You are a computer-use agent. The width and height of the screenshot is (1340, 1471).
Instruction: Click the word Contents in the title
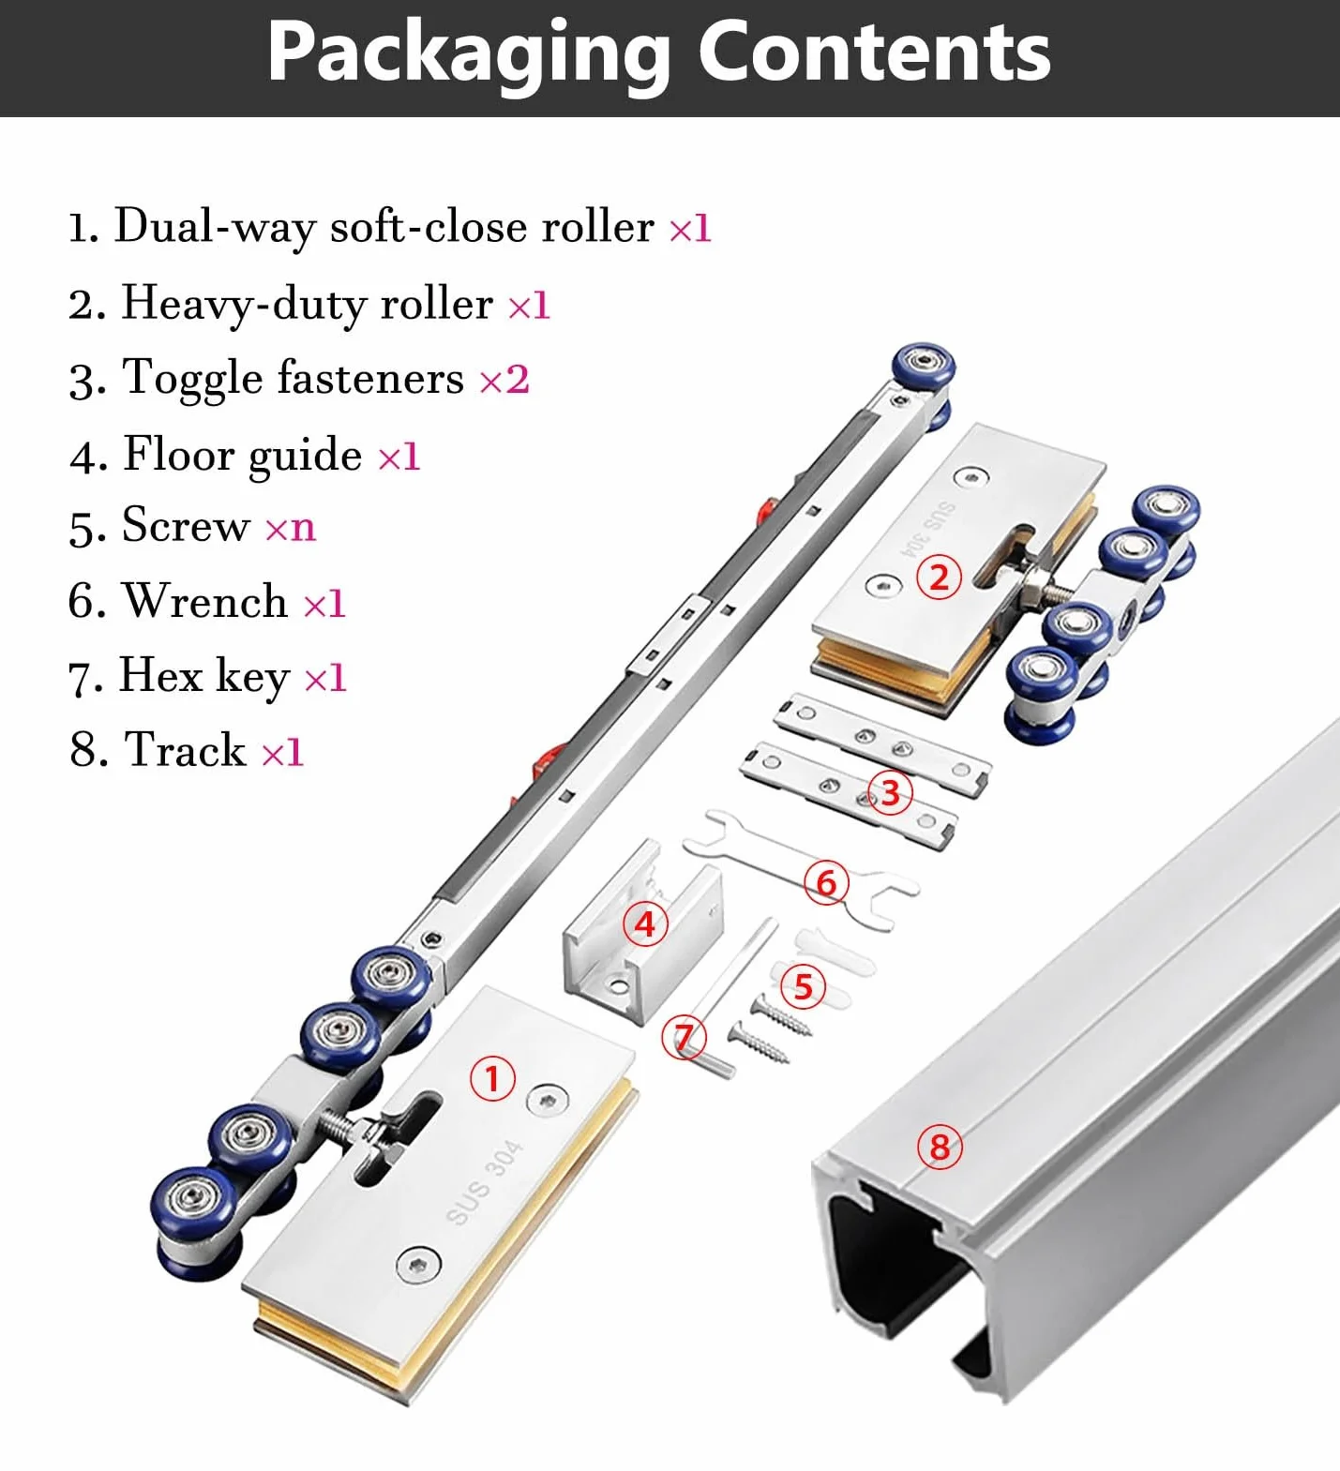click(x=874, y=52)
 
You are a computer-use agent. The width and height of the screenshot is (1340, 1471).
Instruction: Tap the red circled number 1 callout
click(x=492, y=1078)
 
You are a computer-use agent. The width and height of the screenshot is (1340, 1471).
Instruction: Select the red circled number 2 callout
click(x=939, y=578)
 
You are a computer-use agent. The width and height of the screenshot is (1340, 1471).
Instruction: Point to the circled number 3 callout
click(x=890, y=793)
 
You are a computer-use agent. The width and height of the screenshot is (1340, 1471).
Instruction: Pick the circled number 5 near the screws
click(x=804, y=986)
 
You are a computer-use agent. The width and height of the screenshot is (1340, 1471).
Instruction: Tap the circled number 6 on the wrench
click(x=826, y=882)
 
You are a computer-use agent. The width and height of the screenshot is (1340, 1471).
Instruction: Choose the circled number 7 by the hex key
click(x=685, y=1038)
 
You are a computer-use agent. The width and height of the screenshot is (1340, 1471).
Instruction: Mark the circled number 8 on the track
click(x=940, y=1146)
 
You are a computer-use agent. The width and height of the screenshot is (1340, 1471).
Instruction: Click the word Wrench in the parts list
click(x=206, y=601)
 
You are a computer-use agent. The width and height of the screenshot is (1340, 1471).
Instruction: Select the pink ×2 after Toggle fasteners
click(x=504, y=380)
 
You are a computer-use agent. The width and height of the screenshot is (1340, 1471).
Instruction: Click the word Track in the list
click(x=186, y=750)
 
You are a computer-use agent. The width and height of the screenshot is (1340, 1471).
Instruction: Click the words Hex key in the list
click(x=204, y=677)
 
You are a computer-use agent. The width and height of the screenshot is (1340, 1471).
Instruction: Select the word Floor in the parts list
click(x=179, y=454)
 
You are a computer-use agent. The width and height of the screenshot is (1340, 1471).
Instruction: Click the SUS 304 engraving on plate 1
click(x=484, y=1181)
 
